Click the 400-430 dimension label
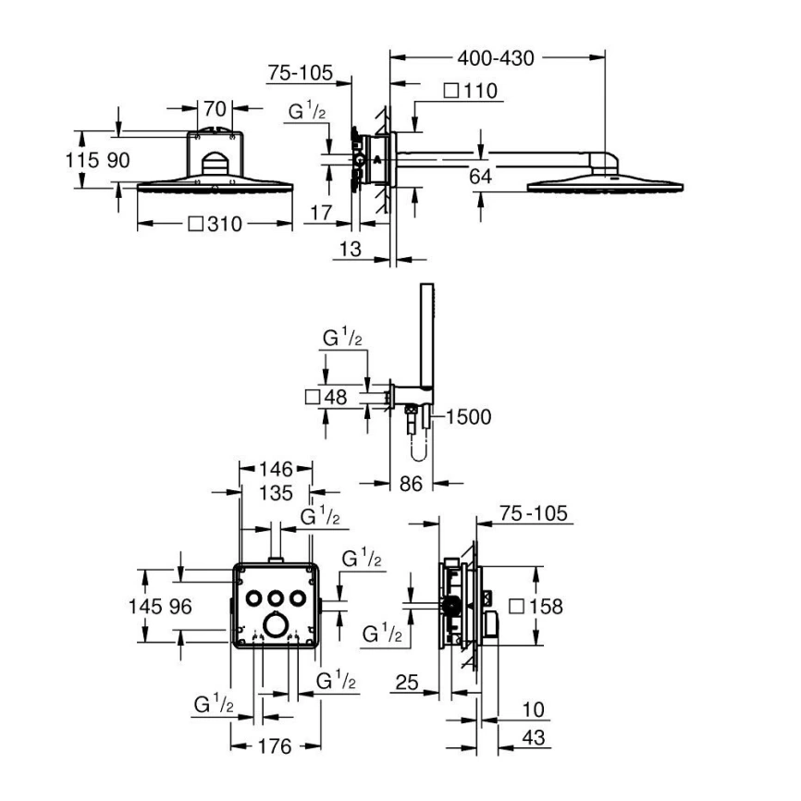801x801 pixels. [497, 58]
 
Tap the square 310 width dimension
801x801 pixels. [217, 224]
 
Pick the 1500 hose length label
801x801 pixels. [469, 417]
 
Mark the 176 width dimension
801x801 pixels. [275, 746]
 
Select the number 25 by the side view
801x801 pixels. [406, 684]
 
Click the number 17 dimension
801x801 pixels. [320, 213]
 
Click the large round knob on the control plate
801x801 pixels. [275, 624]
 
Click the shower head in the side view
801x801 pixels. [606, 185]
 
